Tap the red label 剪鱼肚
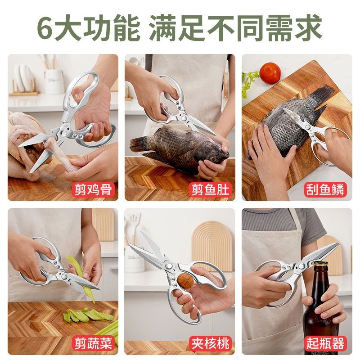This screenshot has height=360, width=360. click(x=211, y=190)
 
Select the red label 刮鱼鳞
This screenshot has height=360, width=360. click(x=327, y=190)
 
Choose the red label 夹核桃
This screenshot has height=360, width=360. click(x=211, y=344)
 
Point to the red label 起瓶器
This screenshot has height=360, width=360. click(x=327, y=344)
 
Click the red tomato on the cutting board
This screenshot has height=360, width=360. click(x=270, y=72)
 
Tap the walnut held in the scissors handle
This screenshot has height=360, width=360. click(x=185, y=280)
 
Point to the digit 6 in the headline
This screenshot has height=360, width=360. click(x=45, y=28)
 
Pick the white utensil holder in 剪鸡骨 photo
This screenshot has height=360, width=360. click(x=54, y=81)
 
